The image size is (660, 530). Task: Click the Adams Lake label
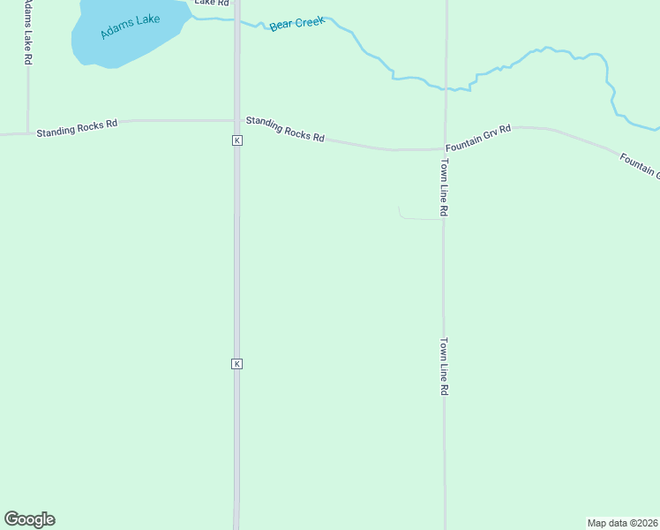[130, 26]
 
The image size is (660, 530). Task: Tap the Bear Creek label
[297, 23]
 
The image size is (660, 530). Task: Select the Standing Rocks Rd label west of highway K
[77, 127]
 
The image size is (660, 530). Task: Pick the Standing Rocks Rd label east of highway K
[285, 129]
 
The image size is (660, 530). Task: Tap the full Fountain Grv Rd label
[478, 138]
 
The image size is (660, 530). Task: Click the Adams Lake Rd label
[28, 32]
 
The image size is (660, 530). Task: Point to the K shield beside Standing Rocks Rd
[236, 140]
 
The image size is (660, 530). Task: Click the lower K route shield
[236, 364]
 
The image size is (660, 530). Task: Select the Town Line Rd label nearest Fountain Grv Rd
[446, 188]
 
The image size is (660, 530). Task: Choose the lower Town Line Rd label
[446, 367]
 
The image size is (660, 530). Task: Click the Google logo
[29, 519]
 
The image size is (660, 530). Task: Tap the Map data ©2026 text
[622, 523]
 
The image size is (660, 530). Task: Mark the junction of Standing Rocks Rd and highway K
[236, 119]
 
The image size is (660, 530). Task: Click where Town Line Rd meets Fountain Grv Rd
[445, 148]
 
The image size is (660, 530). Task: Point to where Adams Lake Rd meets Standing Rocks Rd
[28, 132]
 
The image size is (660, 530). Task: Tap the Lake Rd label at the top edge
[211, 3]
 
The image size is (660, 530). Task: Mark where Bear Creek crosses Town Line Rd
[446, 88]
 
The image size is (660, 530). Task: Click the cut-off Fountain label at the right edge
[639, 164]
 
